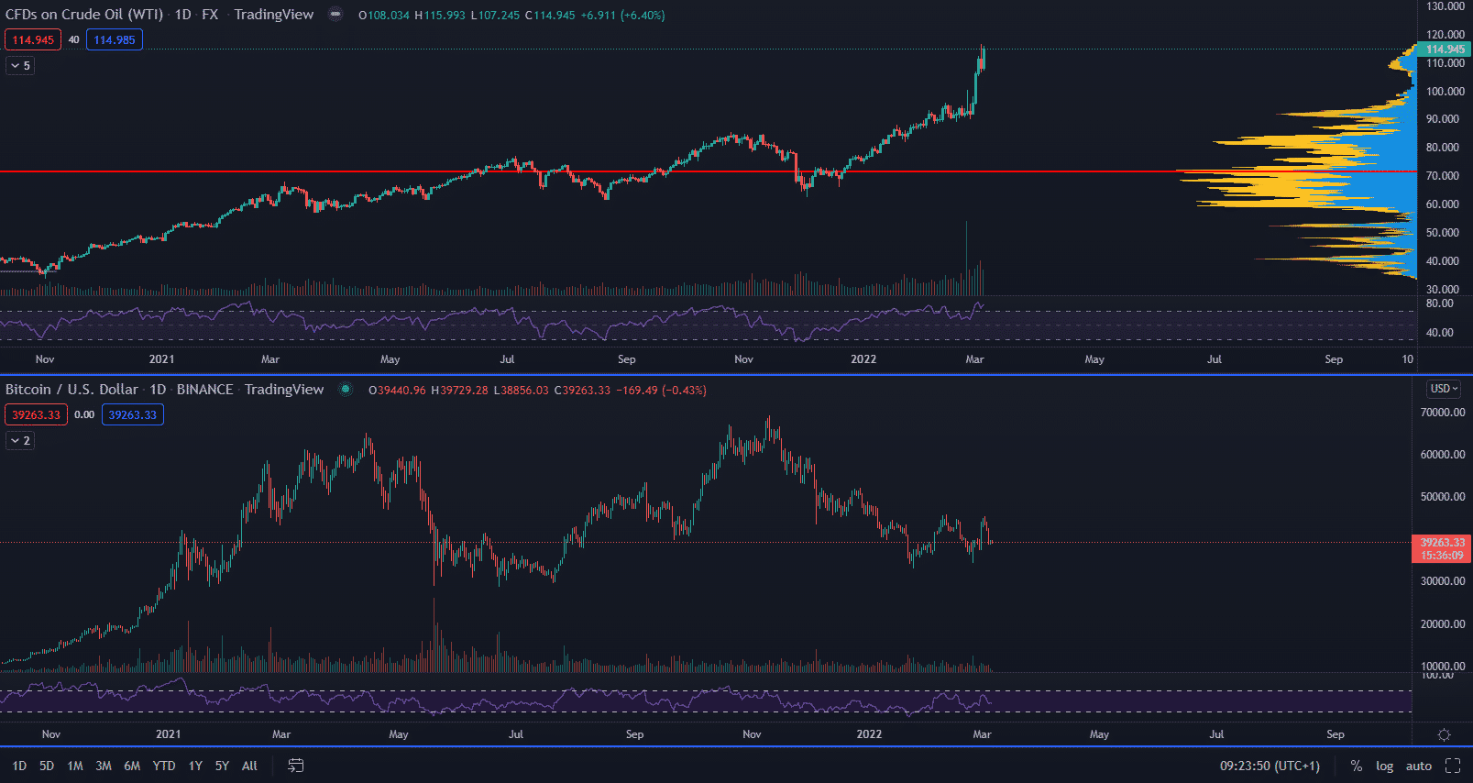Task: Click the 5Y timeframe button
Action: (222, 766)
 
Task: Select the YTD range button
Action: (164, 766)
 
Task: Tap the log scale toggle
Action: (1384, 766)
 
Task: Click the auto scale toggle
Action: (1418, 766)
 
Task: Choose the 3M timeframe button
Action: (104, 766)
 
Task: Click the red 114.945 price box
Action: (33, 39)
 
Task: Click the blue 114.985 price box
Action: (114, 39)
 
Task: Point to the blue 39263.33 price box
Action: (132, 414)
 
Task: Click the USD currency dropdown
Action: (1444, 389)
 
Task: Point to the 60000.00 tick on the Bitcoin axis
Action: (1442, 455)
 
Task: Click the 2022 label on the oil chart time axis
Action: (863, 359)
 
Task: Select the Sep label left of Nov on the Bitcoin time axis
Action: (634, 734)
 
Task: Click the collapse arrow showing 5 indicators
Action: (20, 65)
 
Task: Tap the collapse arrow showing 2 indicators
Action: (20, 440)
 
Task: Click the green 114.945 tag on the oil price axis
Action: (1445, 50)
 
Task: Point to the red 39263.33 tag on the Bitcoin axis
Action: (1442, 548)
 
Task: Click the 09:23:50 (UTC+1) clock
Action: (1270, 766)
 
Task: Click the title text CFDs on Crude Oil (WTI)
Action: (84, 15)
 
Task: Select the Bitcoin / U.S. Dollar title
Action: (71, 390)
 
